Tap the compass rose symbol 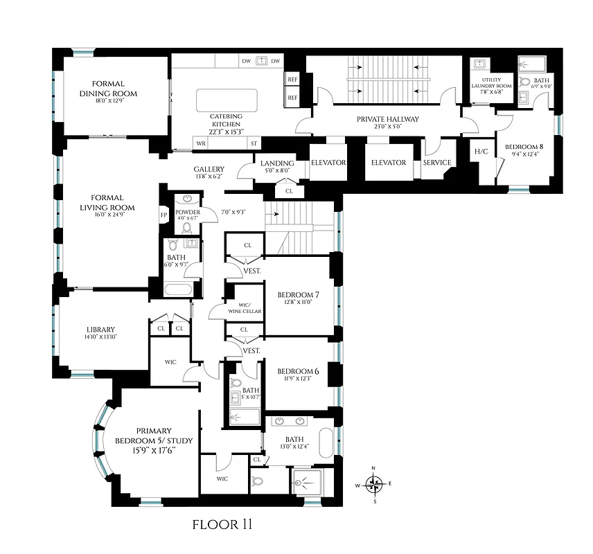(x=374, y=485)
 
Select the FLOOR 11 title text (x=222, y=525)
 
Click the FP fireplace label (x=164, y=215)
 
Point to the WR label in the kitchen (x=202, y=143)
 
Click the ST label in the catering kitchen (x=254, y=143)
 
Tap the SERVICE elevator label (x=437, y=163)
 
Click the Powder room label (x=187, y=212)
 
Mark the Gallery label (x=209, y=169)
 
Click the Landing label (x=277, y=163)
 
